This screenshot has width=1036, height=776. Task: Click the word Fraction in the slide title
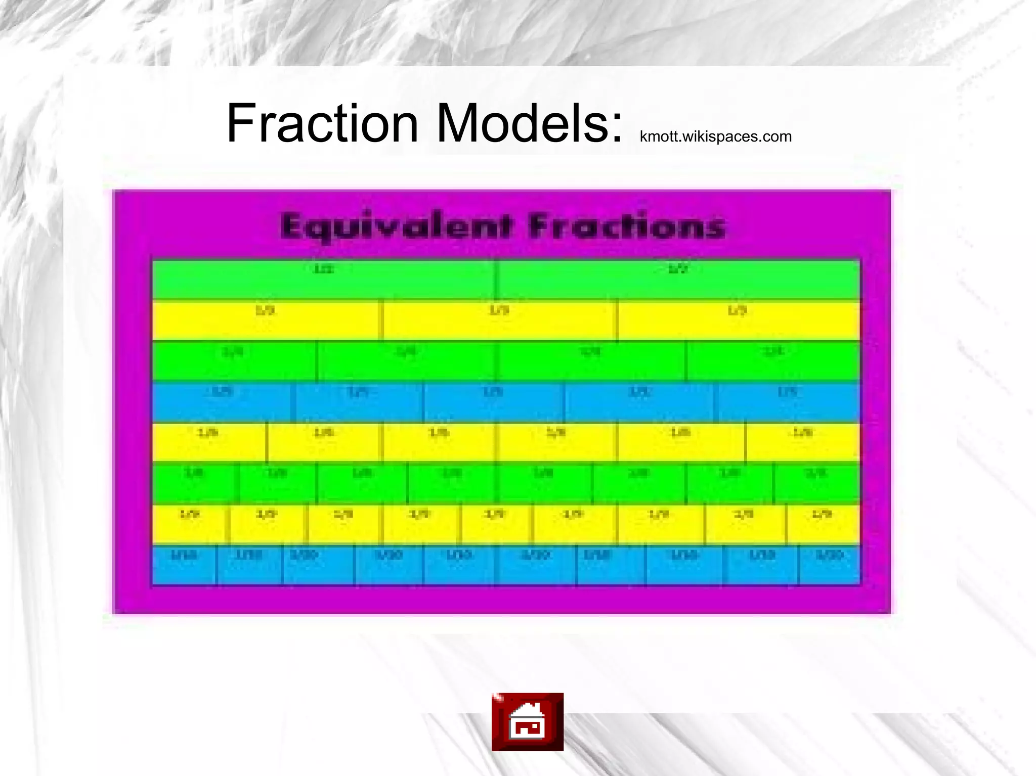click(322, 123)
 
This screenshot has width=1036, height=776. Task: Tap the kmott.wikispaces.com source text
click(715, 136)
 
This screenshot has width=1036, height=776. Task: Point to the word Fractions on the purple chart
click(627, 226)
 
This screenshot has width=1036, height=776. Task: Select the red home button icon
click(527, 721)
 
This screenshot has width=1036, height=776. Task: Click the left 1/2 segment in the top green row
click(324, 280)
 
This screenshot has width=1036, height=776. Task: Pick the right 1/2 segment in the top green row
click(677, 280)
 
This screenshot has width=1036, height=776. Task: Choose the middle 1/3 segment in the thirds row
click(500, 321)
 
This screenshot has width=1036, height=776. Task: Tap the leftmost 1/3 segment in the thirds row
click(268, 321)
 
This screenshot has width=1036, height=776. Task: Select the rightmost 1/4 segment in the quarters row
click(772, 361)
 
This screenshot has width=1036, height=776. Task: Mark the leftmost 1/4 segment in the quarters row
click(234, 361)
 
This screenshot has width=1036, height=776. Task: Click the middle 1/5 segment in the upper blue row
click(494, 402)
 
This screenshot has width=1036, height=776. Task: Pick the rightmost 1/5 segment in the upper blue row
click(788, 402)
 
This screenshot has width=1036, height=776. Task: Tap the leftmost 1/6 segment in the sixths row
click(209, 442)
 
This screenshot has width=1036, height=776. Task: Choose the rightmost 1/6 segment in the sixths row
click(802, 442)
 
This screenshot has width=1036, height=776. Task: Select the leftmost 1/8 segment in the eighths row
click(195, 483)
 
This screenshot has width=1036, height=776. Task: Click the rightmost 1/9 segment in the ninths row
click(823, 524)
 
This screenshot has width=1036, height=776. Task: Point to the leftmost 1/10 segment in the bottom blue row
click(184, 565)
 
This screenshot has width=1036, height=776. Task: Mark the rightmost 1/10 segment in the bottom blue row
click(829, 565)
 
